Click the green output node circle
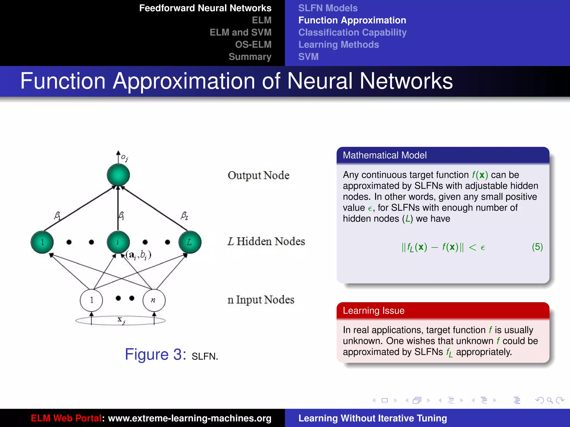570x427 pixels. click(x=118, y=175)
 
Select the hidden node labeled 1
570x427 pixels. click(x=42, y=242)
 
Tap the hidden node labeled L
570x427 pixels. click(x=190, y=242)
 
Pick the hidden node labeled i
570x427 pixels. click(x=118, y=242)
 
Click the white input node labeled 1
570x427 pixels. click(x=91, y=300)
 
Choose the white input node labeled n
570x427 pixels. click(x=154, y=300)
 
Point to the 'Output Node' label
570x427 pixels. click(x=259, y=175)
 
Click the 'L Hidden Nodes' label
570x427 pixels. click(x=266, y=241)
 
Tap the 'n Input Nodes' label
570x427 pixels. click(x=261, y=300)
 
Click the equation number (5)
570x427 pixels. click(x=537, y=247)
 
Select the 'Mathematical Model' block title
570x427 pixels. click(x=385, y=155)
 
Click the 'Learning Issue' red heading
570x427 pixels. click(x=374, y=311)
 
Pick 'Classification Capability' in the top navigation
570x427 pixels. click(x=352, y=33)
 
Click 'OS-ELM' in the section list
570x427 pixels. click(x=253, y=44)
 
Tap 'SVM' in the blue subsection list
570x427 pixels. click(x=308, y=57)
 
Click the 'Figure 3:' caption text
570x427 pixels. click(x=155, y=354)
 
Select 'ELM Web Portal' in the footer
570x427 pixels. click(x=66, y=418)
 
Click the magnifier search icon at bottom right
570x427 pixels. click(x=550, y=400)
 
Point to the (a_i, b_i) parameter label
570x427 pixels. click(x=138, y=255)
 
